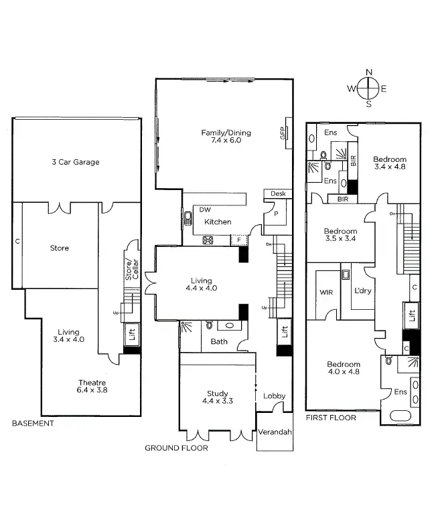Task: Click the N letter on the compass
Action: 369,72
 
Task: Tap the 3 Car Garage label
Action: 76,163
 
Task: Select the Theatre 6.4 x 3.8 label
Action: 92,386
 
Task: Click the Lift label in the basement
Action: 131,334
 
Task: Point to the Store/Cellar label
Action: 131,270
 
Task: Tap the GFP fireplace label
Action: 283,133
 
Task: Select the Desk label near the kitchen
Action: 278,193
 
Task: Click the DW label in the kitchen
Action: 205,209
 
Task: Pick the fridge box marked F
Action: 239,240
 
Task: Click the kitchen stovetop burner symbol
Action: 208,240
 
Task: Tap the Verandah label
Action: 275,432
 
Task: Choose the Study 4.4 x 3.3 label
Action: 218,398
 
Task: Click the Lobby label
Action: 274,396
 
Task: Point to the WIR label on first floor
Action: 326,292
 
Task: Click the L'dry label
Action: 363,290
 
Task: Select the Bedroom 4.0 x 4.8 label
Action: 344,368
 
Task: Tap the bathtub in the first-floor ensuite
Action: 400,416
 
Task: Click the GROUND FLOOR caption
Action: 177,448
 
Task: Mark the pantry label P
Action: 276,213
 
